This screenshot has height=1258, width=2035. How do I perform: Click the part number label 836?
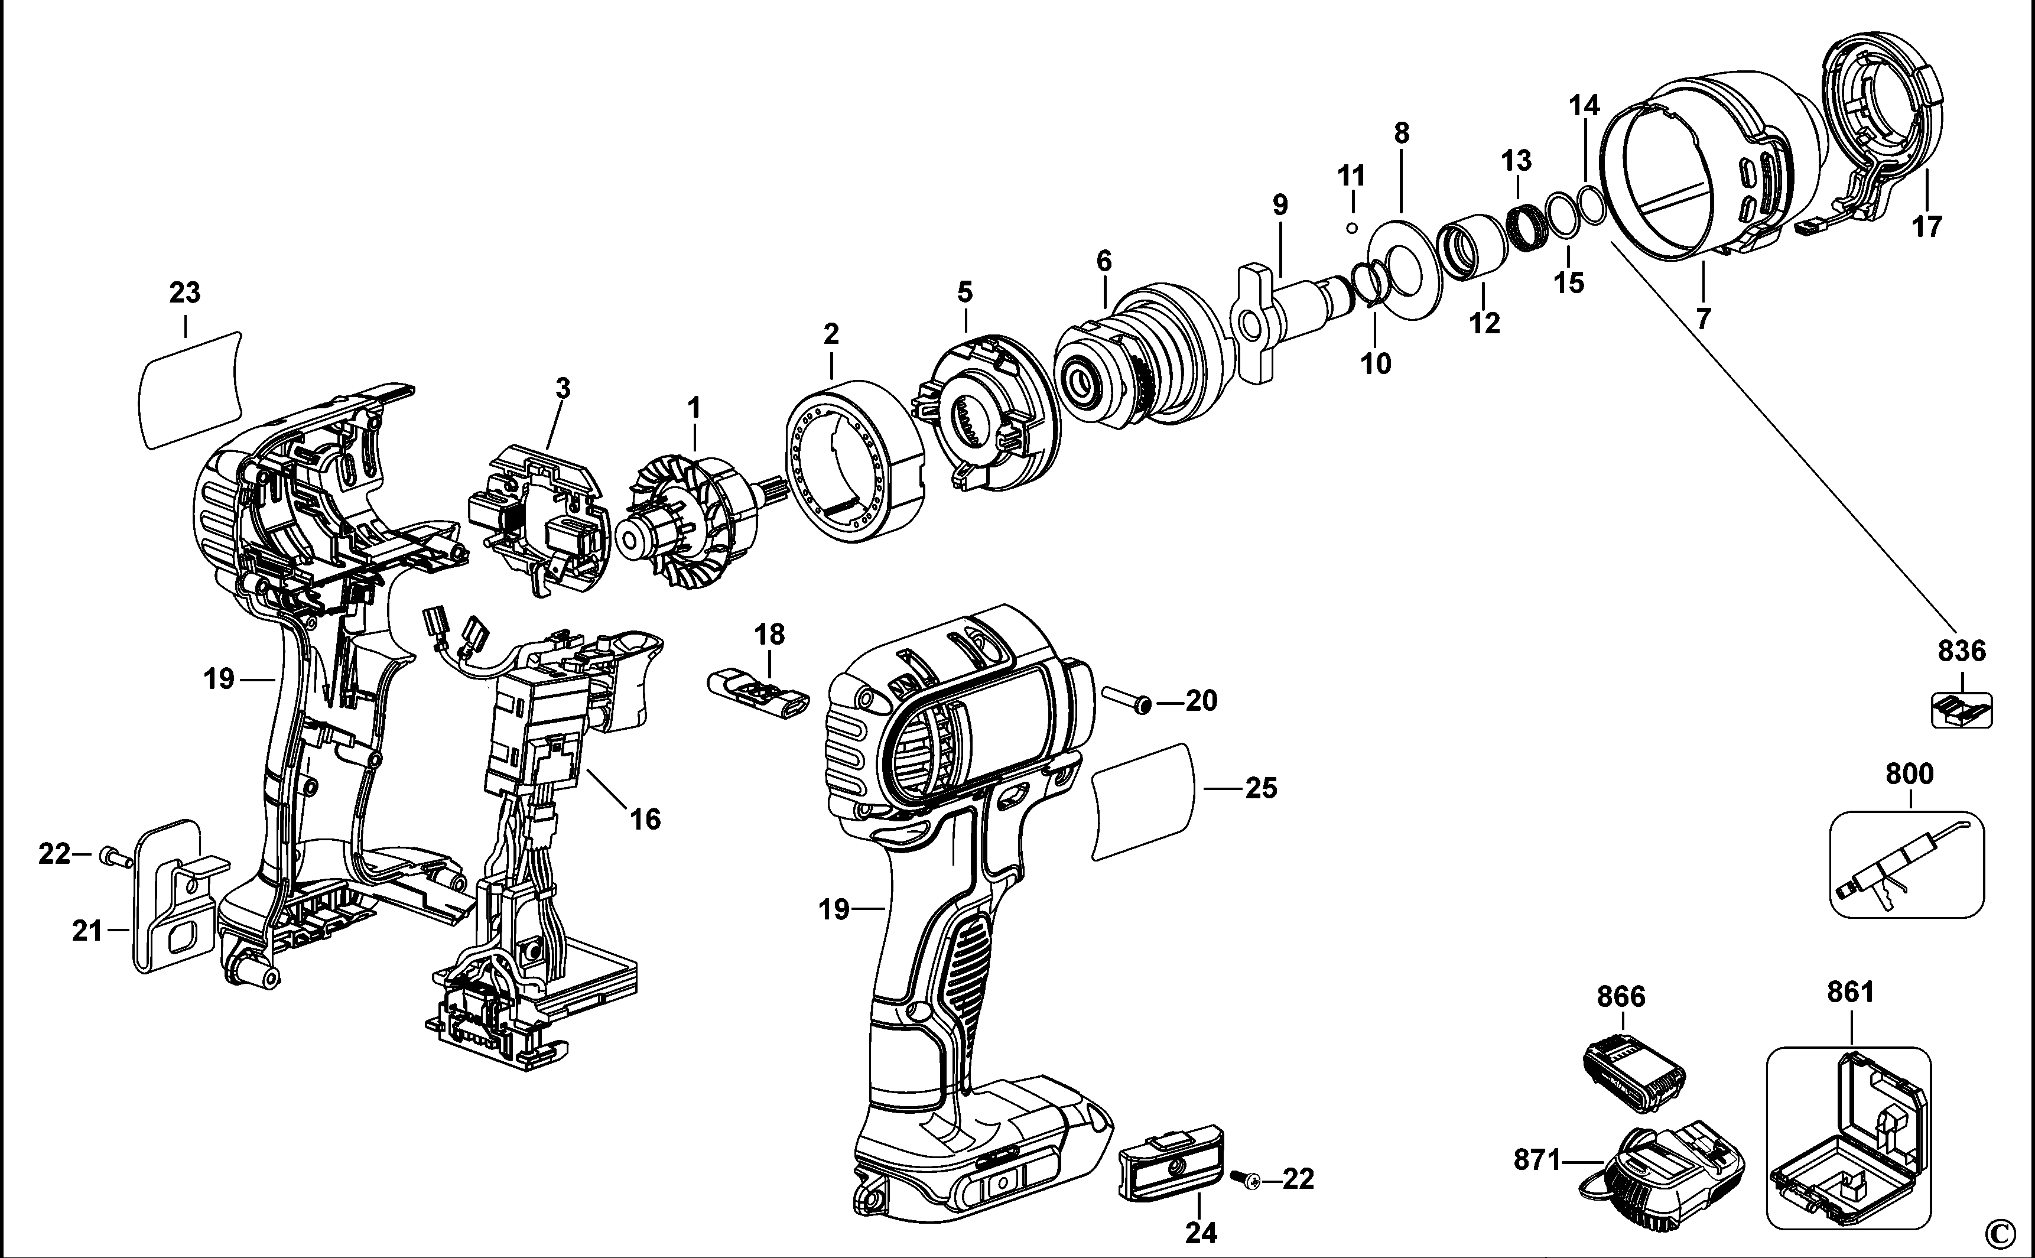(x=1962, y=651)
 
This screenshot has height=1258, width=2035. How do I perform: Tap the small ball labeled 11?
(x=1352, y=228)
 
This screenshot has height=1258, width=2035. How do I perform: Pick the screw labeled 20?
(x=1127, y=699)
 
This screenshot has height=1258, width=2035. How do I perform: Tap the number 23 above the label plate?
(x=185, y=293)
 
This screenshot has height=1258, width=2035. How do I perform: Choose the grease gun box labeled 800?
(x=1908, y=865)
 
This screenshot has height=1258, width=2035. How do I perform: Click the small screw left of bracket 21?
(x=115, y=856)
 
